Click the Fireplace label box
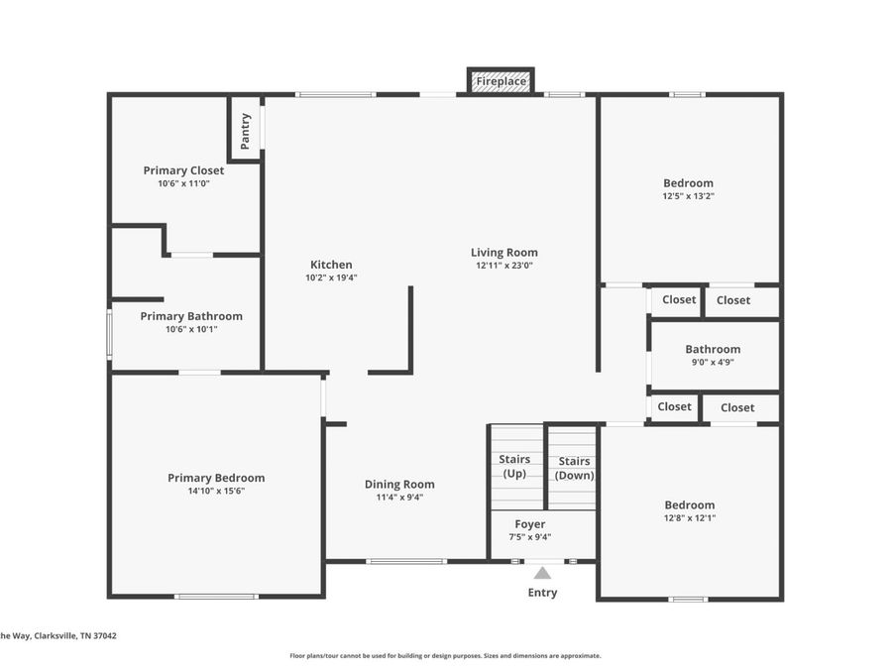pos(501,81)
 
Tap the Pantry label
pos(245,132)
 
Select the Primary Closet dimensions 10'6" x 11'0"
pos(183,183)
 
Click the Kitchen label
pos(331,265)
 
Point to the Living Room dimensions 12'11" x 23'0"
pos(504,265)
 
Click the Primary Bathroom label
pos(191,316)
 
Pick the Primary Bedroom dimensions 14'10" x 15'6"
pos(216,491)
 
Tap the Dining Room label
pos(399,484)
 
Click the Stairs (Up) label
pos(514,466)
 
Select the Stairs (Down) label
pos(574,468)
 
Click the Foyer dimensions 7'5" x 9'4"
pos(529,537)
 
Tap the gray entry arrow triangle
pos(542,573)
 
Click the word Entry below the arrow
pos(542,593)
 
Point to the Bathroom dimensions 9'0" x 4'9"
pos(713,362)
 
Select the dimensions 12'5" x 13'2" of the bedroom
pos(689,196)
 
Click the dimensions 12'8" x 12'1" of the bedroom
pos(690,518)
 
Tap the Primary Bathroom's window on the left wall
pos(110,334)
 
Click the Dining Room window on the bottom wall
pos(406,562)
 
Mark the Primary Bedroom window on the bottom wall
pos(216,597)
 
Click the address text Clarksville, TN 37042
pos(75,635)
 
